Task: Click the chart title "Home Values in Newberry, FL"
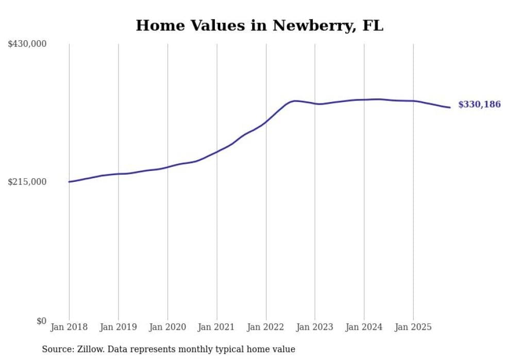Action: (259, 25)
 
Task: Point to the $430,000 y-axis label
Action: (27, 44)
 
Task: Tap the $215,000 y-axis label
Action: (27, 182)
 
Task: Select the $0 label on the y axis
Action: (41, 321)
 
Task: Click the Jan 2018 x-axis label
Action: (69, 327)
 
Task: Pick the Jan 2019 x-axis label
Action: (118, 327)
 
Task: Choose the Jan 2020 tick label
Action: (167, 327)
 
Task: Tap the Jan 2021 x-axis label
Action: (216, 327)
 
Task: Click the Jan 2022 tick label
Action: (266, 327)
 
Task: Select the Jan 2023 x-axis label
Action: (315, 327)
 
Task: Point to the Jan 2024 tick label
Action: (364, 327)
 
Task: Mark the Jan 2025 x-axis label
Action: (413, 327)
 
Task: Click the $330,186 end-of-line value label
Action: (479, 105)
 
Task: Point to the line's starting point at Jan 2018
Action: (69, 182)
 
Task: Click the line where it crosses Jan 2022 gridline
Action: (266, 122)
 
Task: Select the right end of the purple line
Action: (450, 107)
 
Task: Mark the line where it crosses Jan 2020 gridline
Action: (167, 167)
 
